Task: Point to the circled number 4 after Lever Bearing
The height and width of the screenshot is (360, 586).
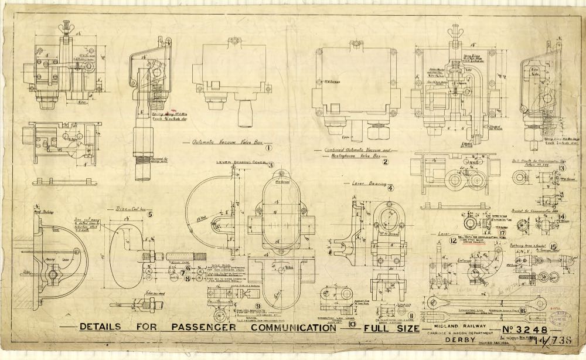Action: point(390,188)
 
